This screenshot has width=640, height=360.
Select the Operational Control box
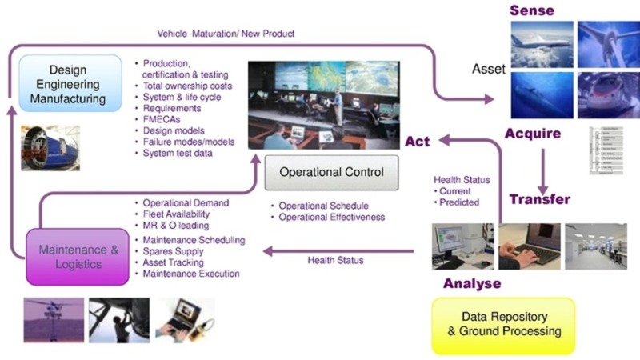point(331,172)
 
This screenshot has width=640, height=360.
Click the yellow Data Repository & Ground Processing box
point(503,325)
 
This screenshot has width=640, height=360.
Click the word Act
point(417,142)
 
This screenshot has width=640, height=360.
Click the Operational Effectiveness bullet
point(331,217)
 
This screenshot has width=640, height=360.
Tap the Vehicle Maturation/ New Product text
point(225,34)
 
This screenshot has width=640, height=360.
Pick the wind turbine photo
point(608,43)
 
